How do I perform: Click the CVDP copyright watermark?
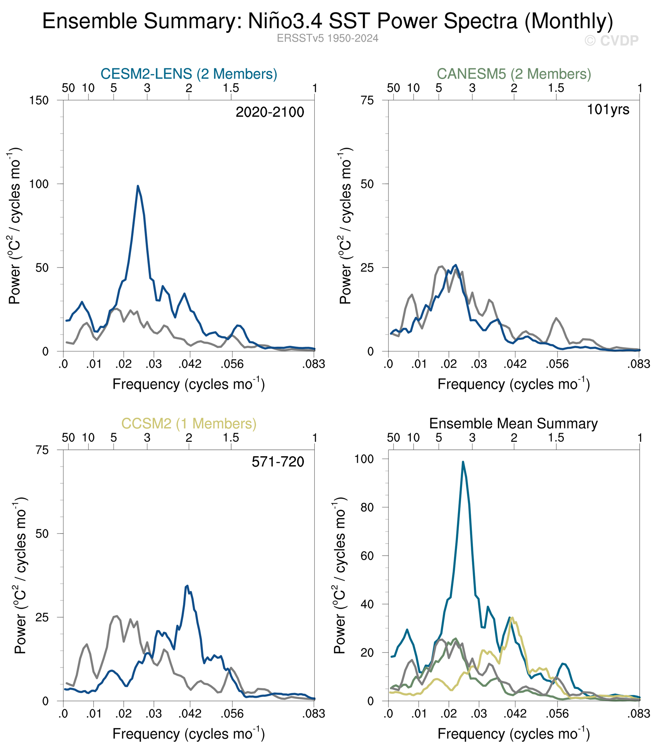(611, 41)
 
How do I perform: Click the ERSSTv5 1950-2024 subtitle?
(328, 38)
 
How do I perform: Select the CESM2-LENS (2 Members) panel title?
(189, 74)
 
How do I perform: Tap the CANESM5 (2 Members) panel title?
(514, 74)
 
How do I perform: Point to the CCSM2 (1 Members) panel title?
(189, 424)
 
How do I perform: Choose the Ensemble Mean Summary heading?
(513, 424)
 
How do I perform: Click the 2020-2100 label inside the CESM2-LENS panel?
(270, 112)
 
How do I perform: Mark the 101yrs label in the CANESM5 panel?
(608, 109)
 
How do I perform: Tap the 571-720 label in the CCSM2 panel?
(278, 462)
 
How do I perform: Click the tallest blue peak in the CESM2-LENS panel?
(138, 186)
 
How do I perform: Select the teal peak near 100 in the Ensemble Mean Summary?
(463, 462)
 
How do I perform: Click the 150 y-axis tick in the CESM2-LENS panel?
(39, 100)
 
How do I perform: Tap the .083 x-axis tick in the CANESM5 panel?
(640, 364)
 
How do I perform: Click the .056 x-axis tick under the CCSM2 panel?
(232, 714)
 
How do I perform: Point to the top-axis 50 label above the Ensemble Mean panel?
(393, 438)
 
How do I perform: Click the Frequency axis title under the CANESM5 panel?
(513, 385)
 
